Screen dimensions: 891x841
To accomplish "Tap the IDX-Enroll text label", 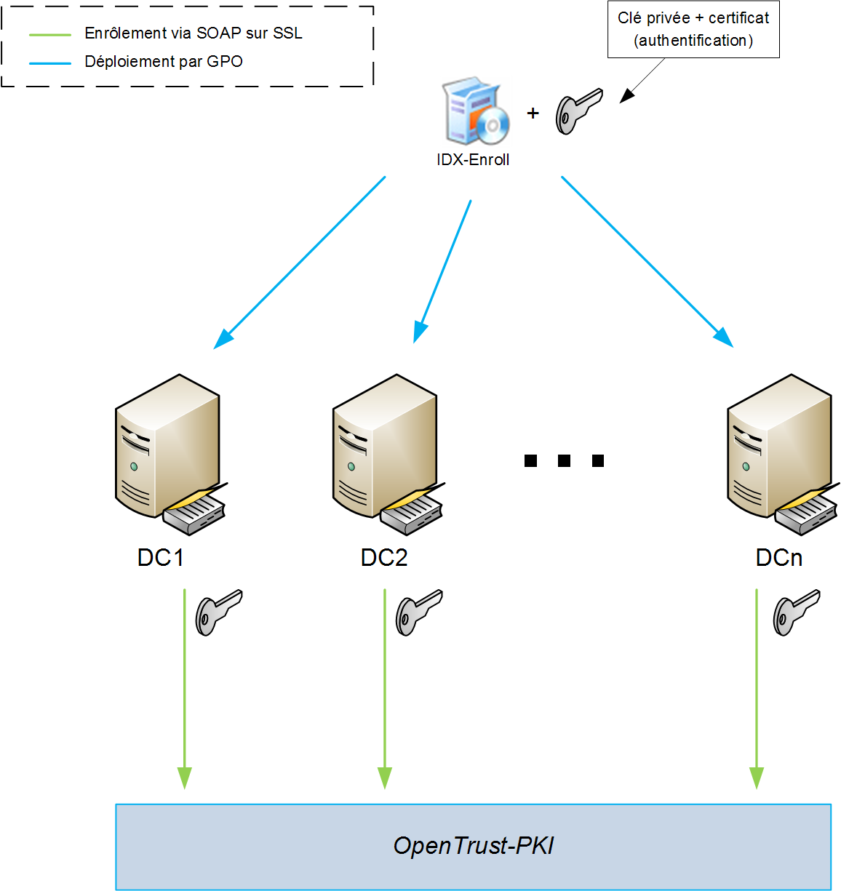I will (x=473, y=160).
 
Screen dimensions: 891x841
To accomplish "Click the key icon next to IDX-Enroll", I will (x=578, y=111).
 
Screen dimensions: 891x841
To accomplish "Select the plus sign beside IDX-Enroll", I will (x=533, y=113).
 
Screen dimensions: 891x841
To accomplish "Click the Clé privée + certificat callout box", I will (x=693, y=29).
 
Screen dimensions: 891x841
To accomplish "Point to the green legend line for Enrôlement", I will (x=50, y=34).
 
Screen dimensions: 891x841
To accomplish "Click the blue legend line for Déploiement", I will (x=50, y=63).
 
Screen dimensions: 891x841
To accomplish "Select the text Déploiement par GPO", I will (x=164, y=62).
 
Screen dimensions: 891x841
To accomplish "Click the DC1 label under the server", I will (x=161, y=558).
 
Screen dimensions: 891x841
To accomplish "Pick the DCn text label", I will (x=779, y=558).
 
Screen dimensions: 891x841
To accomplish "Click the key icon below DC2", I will (x=418, y=612).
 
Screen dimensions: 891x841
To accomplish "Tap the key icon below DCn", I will (x=796, y=612).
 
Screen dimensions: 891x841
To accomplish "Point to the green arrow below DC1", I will (x=185, y=691).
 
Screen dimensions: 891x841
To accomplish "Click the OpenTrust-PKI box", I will (x=473, y=846).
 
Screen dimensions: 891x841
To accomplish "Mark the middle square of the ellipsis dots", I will (x=565, y=460).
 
